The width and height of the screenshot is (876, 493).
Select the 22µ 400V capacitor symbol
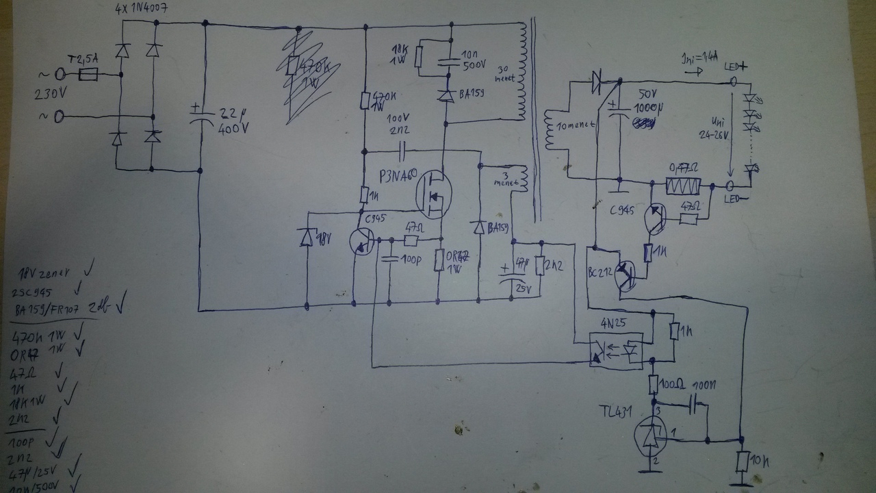199,117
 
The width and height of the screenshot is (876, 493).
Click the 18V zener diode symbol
306,237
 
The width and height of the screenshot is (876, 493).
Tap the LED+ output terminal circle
733,81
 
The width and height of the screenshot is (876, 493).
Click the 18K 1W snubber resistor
417,59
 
